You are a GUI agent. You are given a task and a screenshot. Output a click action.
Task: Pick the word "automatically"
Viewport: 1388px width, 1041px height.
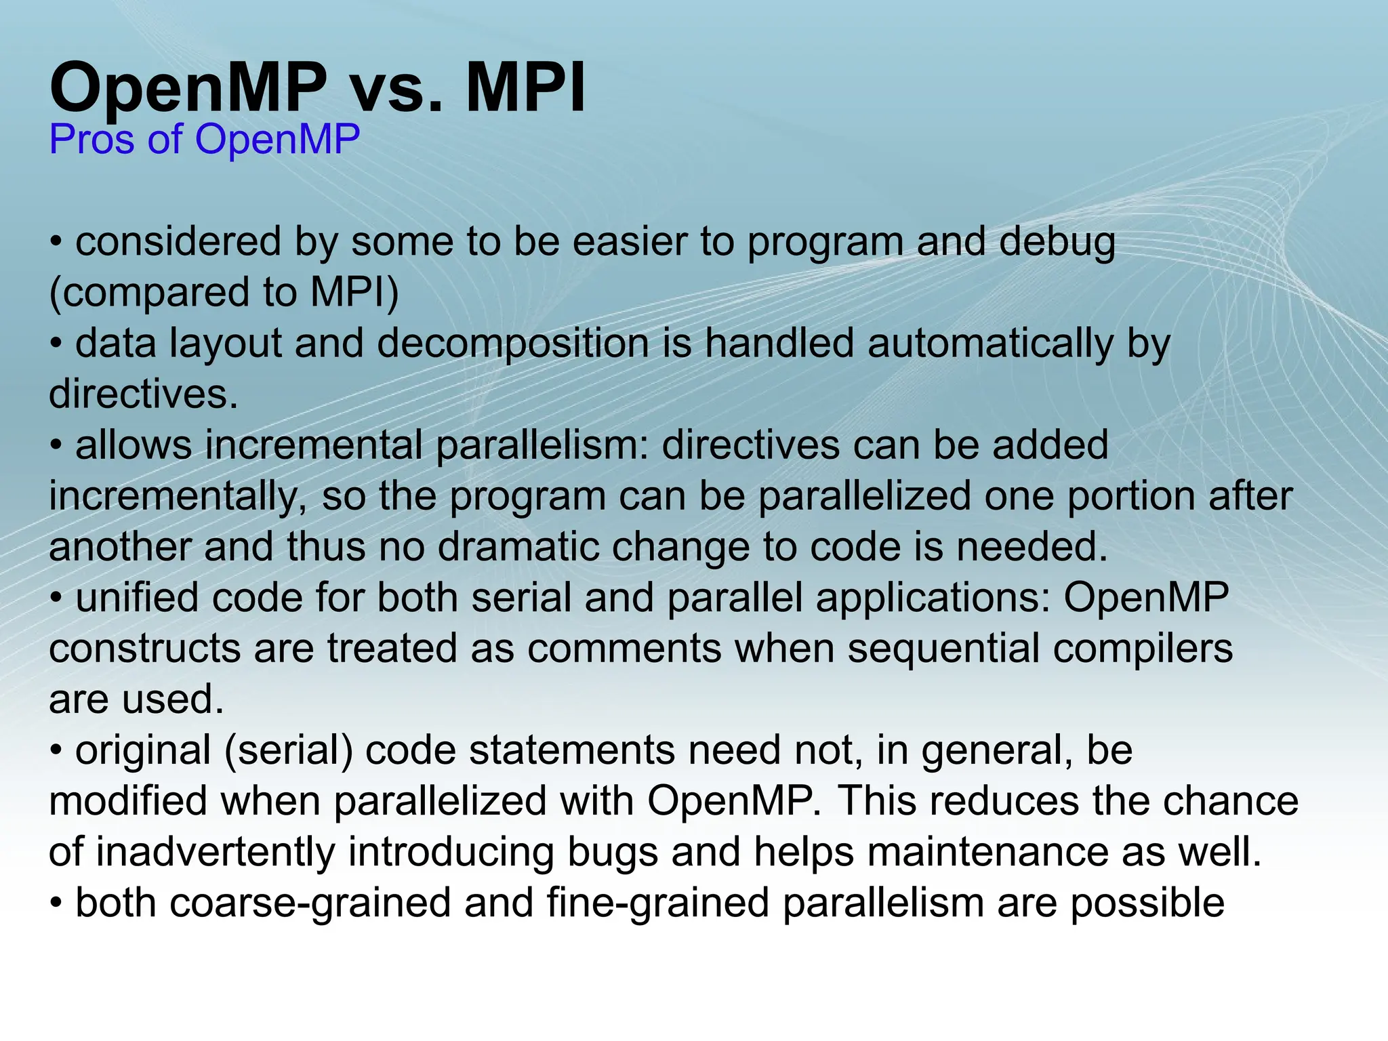[990, 344]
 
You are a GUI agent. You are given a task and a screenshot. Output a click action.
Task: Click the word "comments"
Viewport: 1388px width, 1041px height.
[624, 649]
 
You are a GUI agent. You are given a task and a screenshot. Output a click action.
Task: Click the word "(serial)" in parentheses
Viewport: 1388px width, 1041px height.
[288, 751]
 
